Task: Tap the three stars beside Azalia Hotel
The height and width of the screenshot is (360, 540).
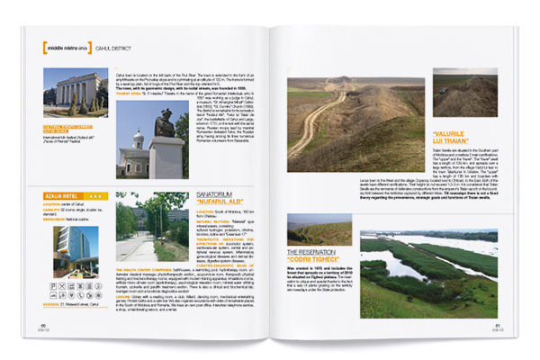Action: pyautogui.click(x=97, y=194)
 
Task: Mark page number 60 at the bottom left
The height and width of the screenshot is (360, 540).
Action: pyautogui.click(x=42, y=326)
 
